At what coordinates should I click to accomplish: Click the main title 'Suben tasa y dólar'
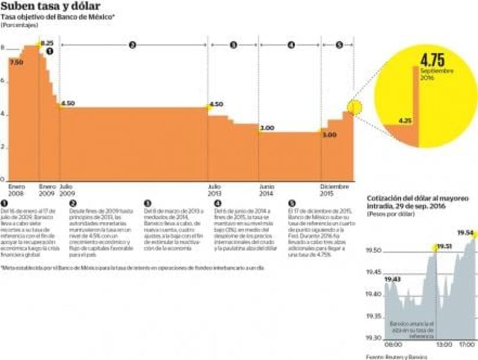point(46,7)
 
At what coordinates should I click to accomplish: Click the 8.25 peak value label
point(47,44)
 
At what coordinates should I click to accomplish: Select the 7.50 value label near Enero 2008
point(16,62)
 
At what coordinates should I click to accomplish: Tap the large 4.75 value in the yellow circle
point(432,61)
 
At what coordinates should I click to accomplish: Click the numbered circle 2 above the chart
point(132,45)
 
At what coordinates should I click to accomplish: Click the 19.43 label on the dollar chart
point(392,279)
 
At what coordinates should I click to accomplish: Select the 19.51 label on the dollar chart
point(444,246)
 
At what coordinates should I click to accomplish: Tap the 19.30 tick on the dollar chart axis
point(374,338)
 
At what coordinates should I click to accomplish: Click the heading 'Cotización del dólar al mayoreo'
point(417,199)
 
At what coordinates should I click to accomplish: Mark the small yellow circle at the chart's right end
point(355,107)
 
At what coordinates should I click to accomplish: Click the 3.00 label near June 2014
point(267,128)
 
